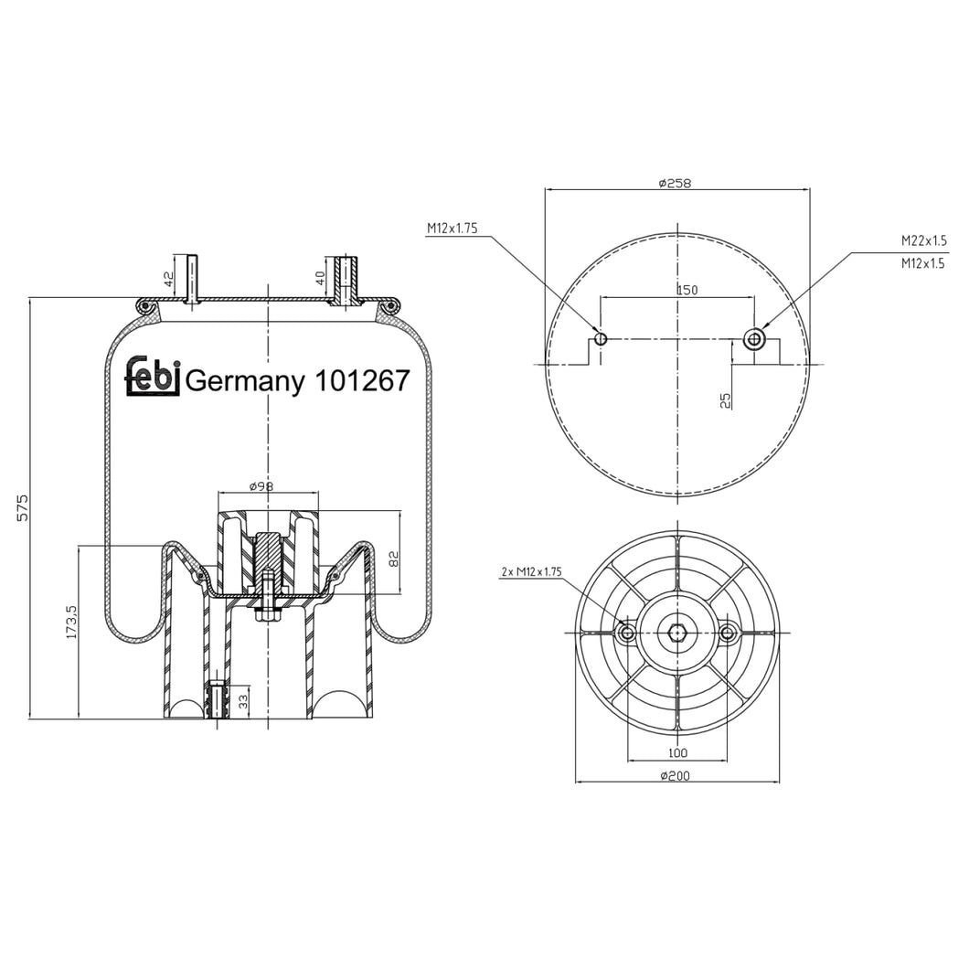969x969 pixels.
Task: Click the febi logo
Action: [153, 376]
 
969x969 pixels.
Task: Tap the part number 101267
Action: [362, 380]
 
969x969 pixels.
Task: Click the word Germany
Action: [245, 382]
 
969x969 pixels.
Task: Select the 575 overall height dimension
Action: [22, 507]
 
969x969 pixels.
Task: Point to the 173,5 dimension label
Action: [71, 623]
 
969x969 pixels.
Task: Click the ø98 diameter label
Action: [261, 486]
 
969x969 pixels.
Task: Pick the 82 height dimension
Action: [394, 559]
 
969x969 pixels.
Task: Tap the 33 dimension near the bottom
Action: [243, 701]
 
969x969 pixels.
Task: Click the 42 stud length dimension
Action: [169, 280]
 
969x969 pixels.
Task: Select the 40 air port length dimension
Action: [320, 278]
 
